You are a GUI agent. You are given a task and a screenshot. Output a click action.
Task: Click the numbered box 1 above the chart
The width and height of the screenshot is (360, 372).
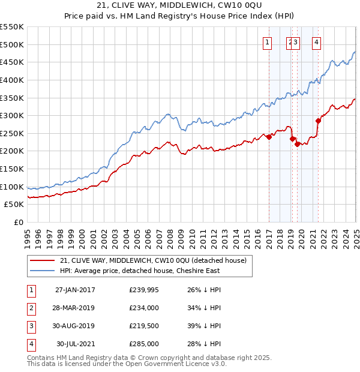coord(266,42)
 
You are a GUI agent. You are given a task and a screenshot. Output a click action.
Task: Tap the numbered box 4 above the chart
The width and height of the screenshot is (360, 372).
coord(316,42)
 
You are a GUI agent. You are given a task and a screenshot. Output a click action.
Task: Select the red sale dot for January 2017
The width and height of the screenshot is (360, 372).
coord(269,137)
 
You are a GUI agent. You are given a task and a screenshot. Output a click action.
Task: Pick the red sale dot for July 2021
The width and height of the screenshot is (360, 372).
coord(319,121)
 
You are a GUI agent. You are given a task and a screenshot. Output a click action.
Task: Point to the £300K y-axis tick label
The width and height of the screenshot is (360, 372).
coord(13,115)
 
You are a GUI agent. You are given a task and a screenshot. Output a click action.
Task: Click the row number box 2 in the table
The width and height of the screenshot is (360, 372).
coord(30,308)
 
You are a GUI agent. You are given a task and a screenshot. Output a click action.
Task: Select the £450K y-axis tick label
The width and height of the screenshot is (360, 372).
coord(13,62)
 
